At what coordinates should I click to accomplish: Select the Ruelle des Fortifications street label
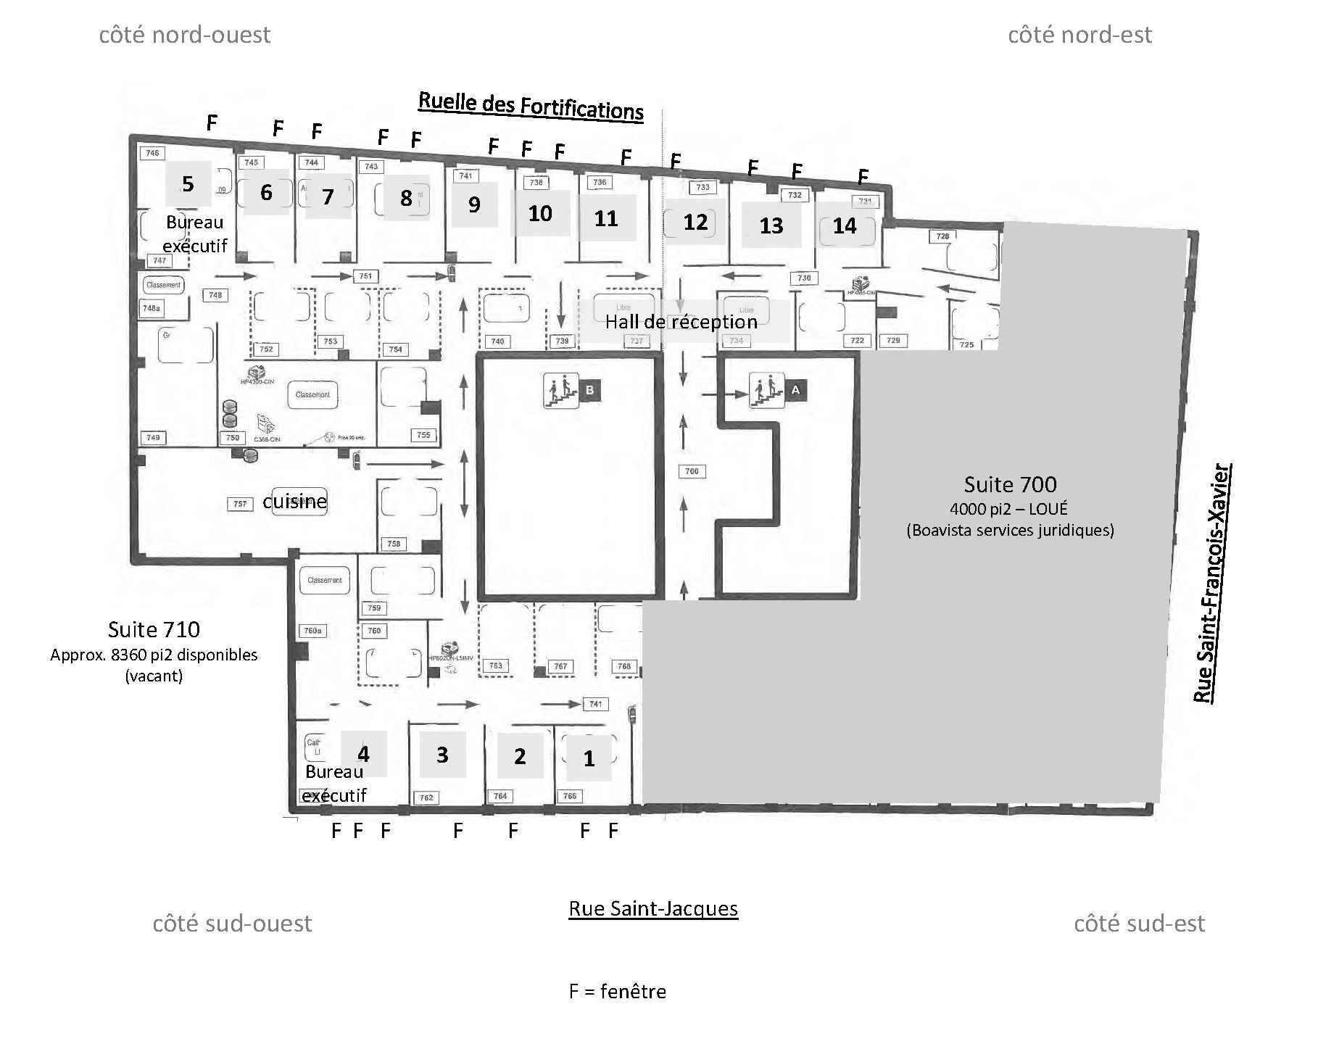pyautogui.click(x=531, y=106)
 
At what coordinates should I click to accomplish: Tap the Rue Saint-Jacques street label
pyautogui.click(x=653, y=909)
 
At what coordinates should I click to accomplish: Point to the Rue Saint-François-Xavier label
pyautogui.click(x=1213, y=583)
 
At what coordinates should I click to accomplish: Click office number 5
pyautogui.click(x=188, y=183)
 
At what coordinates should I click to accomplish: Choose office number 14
pyautogui.click(x=844, y=225)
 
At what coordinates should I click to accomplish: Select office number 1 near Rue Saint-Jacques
pyautogui.click(x=589, y=758)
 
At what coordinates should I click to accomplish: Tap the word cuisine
pyautogui.click(x=294, y=502)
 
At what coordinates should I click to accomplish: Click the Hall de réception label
pyautogui.click(x=681, y=322)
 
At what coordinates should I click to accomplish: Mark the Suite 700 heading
pyautogui.click(x=1010, y=484)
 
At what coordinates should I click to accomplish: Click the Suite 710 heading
pyautogui.click(x=154, y=629)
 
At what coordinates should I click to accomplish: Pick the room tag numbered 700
pyautogui.click(x=692, y=471)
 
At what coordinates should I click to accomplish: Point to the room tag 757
pyautogui.click(x=240, y=504)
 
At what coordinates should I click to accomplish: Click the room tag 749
pyautogui.click(x=153, y=437)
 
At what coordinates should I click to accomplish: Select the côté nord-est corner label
pyautogui.click(x=1079, y=35)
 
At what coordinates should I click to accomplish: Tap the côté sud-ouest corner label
pyautogui.click(x=232, y=924)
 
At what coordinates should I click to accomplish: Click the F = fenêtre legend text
pyautogui.click(x=617, y=992)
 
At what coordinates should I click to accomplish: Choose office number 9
pyautogui.click(x=474, y=204)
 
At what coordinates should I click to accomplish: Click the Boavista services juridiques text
pyautogui.click(x=1010, y=530)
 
